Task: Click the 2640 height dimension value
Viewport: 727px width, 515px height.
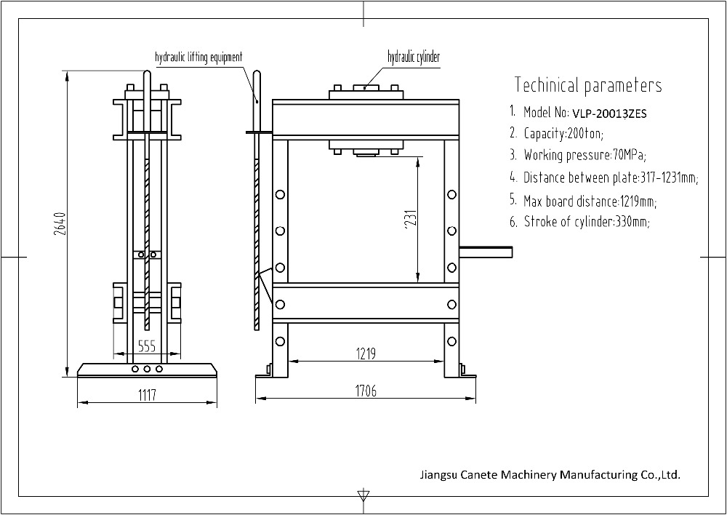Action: click(61, 225)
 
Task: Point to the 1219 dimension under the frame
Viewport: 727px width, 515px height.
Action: click(366, 354)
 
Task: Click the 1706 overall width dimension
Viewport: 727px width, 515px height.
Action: click(366, 391)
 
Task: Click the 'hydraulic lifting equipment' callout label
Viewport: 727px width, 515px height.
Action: click(198, 57)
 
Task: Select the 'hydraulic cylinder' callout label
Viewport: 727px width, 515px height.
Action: click(413, 57)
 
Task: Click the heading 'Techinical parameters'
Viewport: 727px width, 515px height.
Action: click(588, 85)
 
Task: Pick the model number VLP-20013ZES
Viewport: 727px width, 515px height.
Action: click(609, 113)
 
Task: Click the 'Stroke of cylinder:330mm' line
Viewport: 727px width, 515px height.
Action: click(587, 222)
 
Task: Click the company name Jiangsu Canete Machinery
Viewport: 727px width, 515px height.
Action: click(550, 475)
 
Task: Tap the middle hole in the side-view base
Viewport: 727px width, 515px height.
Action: click(148, 370)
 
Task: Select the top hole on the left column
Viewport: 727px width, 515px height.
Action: click(280, 195)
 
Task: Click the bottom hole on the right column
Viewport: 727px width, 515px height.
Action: click(452, 340)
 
